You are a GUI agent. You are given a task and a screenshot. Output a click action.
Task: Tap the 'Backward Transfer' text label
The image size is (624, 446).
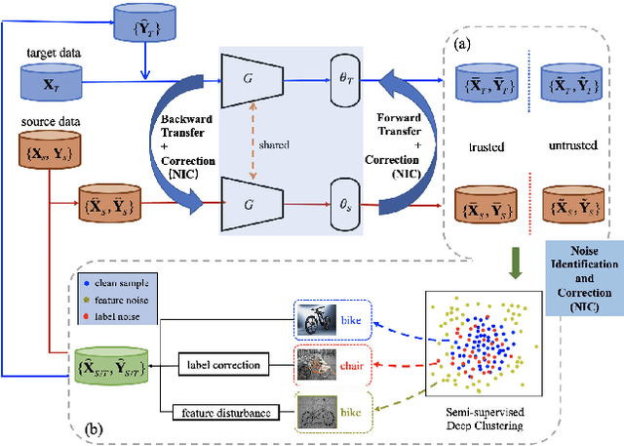189,121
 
